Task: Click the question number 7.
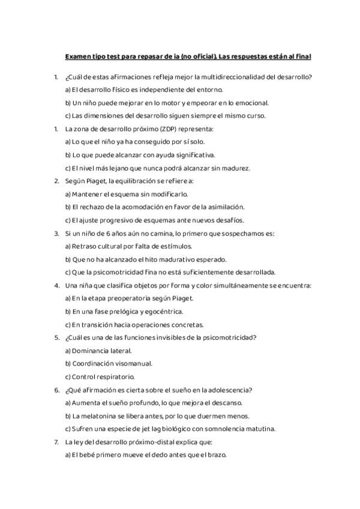[x=56, y=442]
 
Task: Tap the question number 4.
[x=56, y=285]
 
